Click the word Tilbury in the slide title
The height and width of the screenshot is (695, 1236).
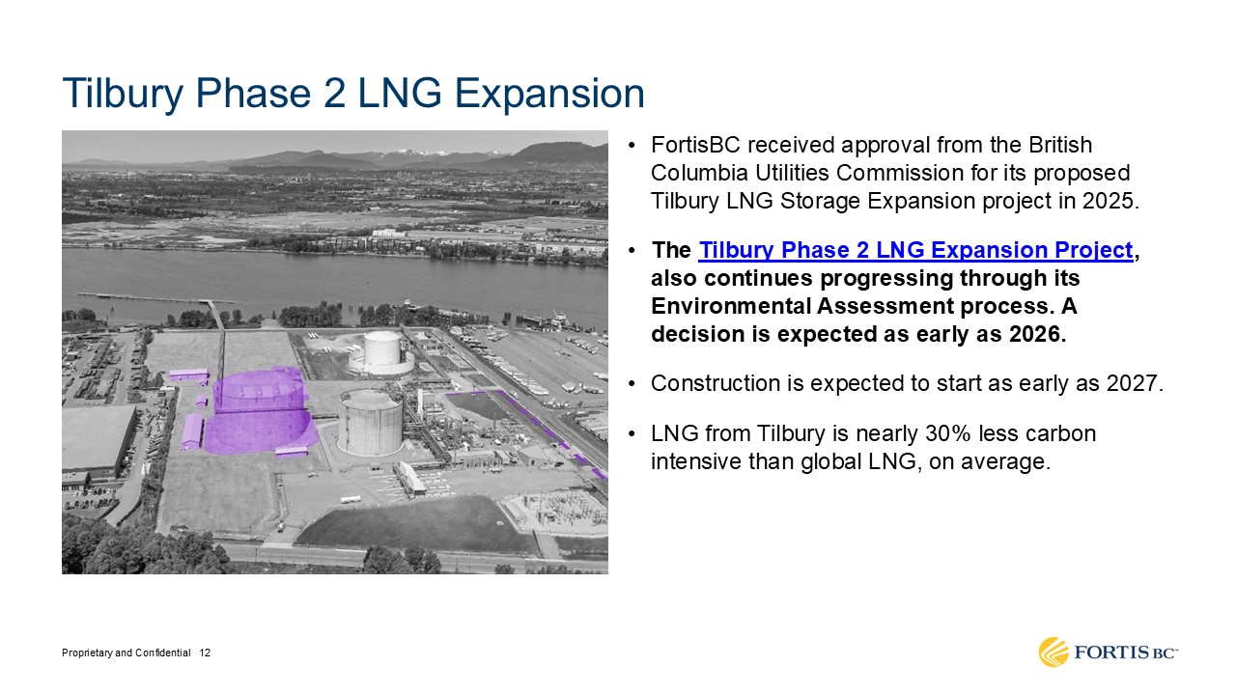coord(123,94)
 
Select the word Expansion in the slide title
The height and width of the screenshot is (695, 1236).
coord(549,94)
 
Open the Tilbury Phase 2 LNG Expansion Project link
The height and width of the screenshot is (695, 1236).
coord(916,250)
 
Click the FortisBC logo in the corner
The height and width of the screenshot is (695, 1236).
coord(1108,653)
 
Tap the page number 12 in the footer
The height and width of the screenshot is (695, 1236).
coord(205,653)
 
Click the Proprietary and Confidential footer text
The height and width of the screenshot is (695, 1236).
coord(126,653)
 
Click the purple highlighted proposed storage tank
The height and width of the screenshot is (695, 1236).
coord(259,411)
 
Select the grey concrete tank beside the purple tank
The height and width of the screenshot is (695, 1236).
coord(370,422)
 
